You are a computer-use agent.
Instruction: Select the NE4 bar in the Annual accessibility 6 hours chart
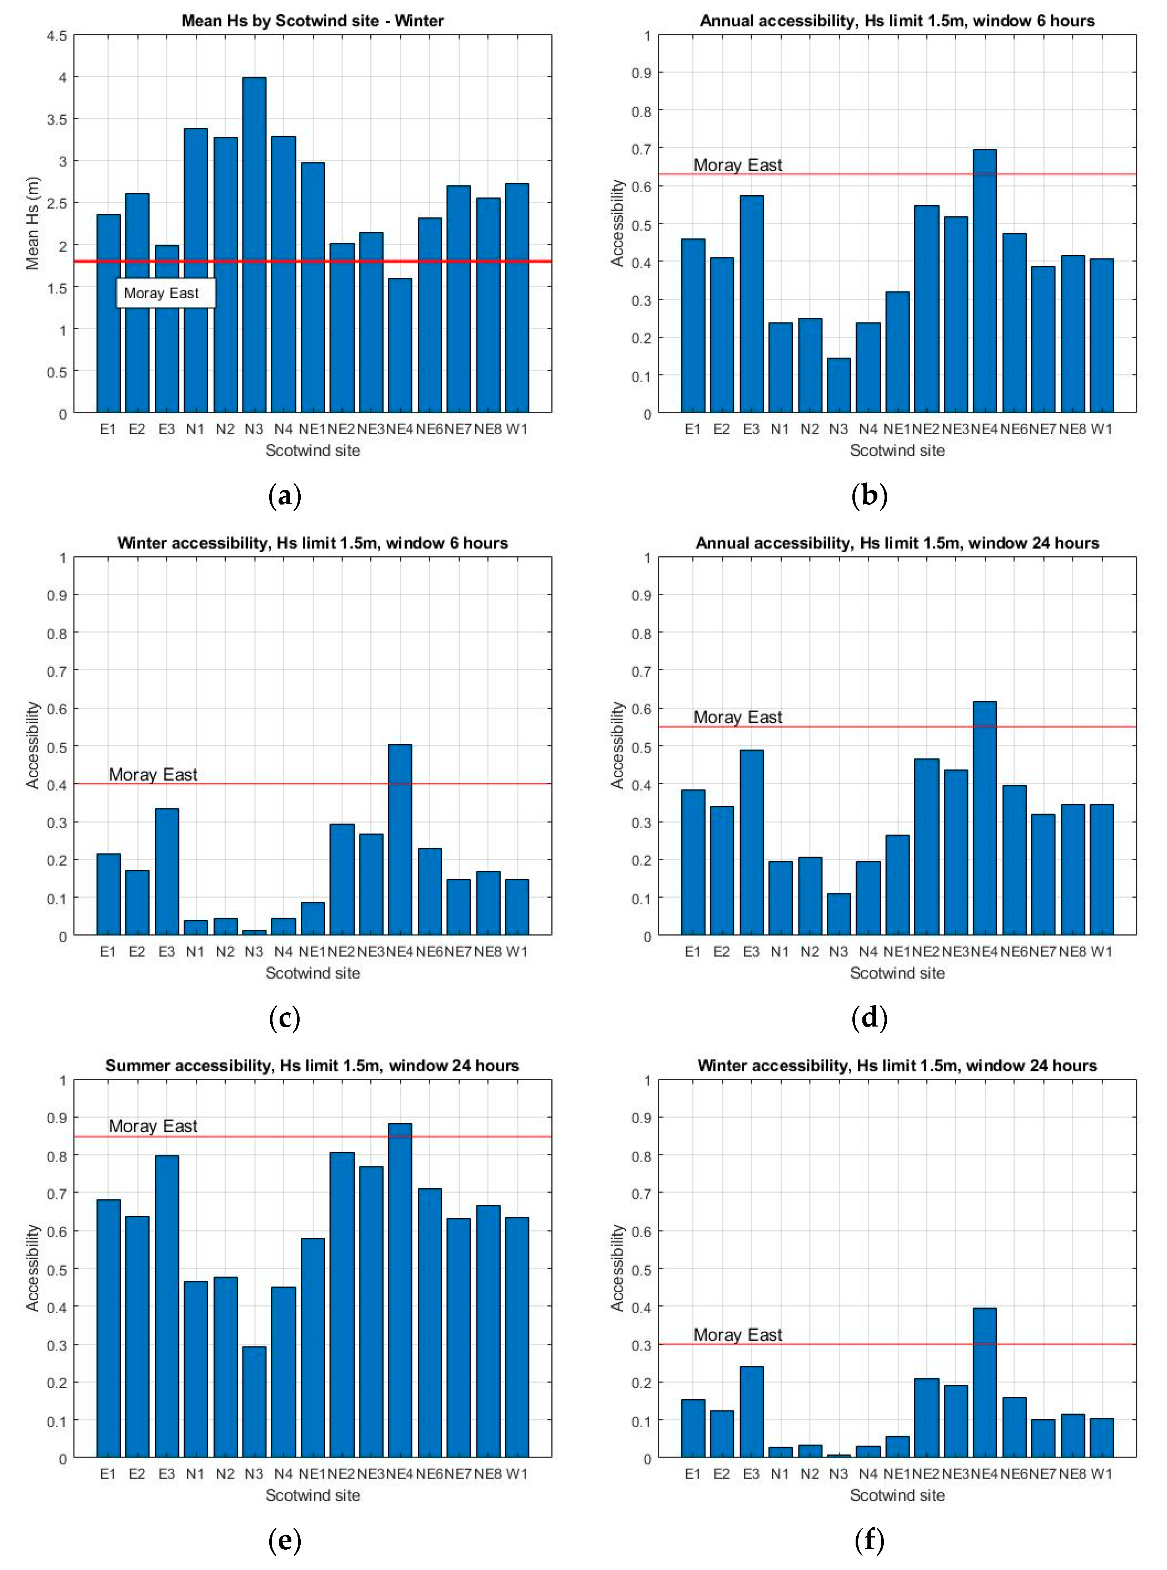pos(985,281)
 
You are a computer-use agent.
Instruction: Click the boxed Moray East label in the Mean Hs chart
pos(165,293)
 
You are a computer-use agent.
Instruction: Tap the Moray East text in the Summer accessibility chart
pos(153,1126)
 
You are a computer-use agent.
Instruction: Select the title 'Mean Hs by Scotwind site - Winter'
pos(313,20)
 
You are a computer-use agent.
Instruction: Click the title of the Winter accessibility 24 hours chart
pos(897,1066)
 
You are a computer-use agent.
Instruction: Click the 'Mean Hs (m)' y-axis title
pos(32,223)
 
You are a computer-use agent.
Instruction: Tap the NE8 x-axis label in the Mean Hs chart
pos(487,429)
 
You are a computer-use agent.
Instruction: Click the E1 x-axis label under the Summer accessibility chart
pos(108,1474)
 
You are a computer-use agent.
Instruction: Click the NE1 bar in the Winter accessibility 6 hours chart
pos(313,919)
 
